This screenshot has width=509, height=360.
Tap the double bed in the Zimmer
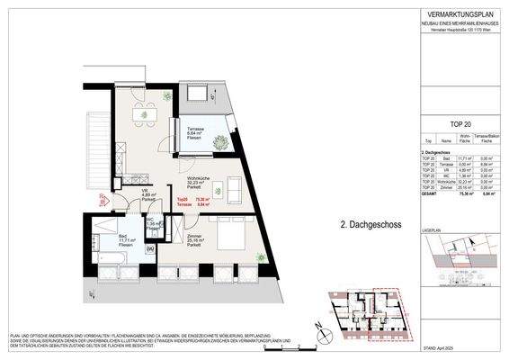pos(229,235)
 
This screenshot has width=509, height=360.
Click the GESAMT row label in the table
pos(430,191)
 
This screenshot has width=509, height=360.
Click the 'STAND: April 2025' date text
pos(477,346)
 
